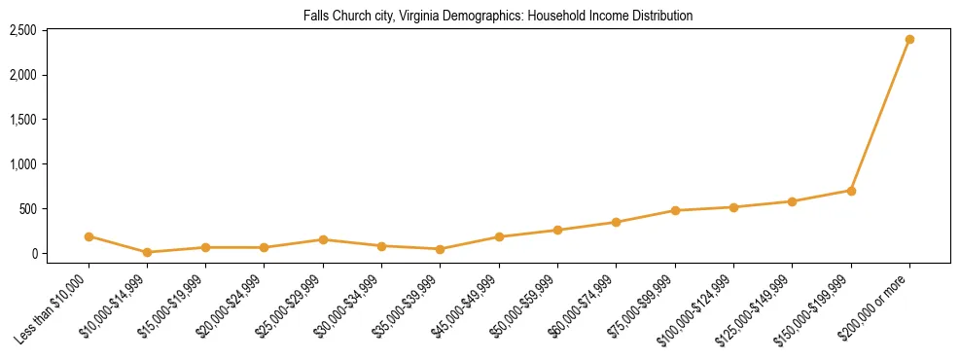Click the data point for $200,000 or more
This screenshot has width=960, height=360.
point(909,40)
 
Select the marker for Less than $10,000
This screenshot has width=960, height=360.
point(89,236)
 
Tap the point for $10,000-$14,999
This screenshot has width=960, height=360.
point(147,252)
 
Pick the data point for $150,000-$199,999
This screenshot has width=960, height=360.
point(851,191)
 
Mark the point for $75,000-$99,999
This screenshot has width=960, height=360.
point(675,210)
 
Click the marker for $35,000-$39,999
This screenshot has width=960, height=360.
point(441,249)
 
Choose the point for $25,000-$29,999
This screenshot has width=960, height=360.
point(323,239)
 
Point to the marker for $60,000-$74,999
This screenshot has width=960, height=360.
point(616,222)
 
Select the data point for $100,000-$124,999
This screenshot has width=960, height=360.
point(733,207)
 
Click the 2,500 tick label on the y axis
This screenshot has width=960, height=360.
point(22,31)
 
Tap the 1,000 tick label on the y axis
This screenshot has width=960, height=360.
point(22,164)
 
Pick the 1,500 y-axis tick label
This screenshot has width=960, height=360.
point(22,120)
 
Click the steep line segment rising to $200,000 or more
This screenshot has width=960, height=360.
point(880,115)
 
